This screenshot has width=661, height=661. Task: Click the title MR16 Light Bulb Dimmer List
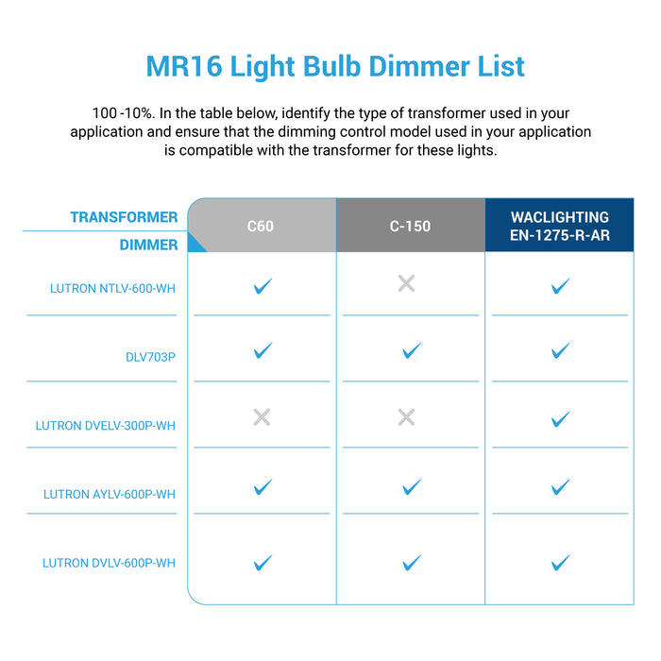point(335,67)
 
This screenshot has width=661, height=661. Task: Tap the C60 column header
point(260,227)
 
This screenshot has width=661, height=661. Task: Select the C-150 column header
point(411,227)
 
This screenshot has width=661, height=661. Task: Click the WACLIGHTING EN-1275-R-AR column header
point(560,227)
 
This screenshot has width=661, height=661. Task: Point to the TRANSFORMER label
point(124,217)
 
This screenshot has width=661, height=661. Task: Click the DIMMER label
point(148,246)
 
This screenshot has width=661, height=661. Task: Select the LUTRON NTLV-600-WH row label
point(113,288)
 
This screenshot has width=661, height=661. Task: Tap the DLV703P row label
point(151,357)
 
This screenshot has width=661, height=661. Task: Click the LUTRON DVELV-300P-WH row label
point(106,426)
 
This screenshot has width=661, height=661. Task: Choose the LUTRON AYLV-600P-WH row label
point(110,495)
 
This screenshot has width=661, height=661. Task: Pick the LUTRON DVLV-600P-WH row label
point(110,564)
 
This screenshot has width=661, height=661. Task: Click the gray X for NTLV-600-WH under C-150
point(407,283)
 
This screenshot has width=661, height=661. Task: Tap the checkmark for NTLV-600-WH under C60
point(263,285)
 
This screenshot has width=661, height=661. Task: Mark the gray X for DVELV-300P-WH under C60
point(263,417)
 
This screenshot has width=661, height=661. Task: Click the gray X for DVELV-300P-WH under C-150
point(407,417)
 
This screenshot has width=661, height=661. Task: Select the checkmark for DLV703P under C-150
point(411,351)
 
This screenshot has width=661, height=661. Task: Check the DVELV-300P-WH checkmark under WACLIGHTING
point(560,418)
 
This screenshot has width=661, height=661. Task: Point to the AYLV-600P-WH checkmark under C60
point(263,487)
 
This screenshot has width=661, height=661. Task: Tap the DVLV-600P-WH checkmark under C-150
point(411,563)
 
